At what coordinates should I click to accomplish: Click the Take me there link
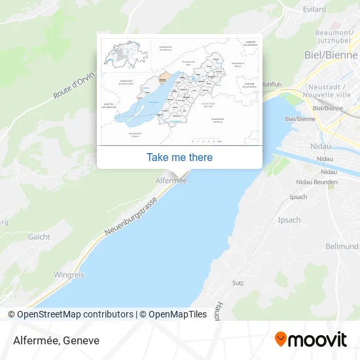coord(179,157)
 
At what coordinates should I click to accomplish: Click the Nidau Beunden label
coord(317,181)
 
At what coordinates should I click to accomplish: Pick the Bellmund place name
coord(342,246)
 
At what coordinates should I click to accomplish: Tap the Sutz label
coord(238,283)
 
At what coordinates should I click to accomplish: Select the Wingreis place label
coord(69,275)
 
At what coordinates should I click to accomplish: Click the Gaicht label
coord(39,237)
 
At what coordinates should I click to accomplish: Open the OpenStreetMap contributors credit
coord(74,314)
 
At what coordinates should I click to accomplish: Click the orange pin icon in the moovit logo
coord(281,339)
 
